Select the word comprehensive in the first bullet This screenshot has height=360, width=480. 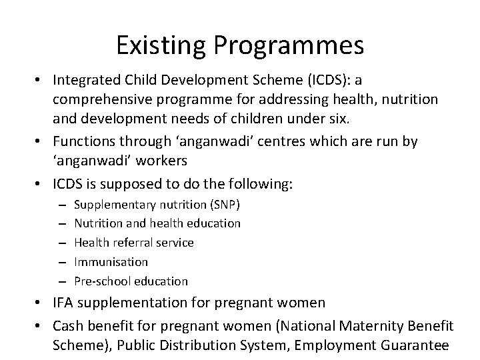click(103, 99)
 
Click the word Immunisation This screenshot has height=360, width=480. click(111, 261)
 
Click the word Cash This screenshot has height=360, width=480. click(68, 327)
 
